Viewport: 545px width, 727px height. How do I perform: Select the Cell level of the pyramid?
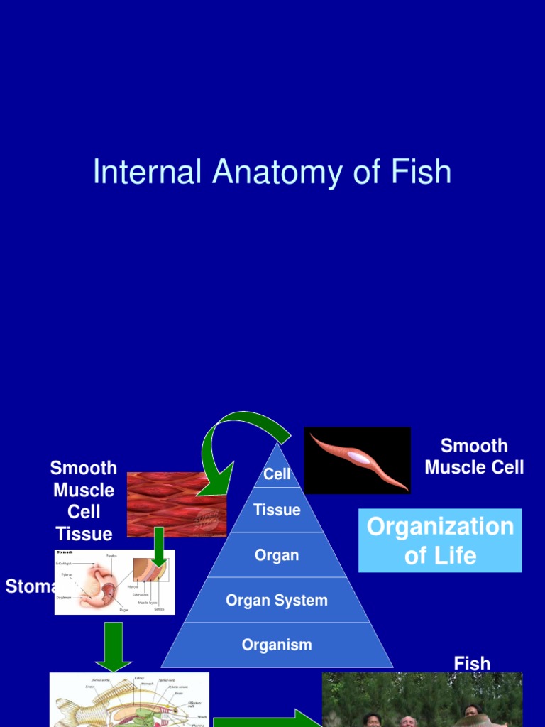(277, 474)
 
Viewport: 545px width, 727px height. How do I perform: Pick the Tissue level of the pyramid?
(277, 510)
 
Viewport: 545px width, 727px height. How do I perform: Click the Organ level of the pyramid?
(277, 554)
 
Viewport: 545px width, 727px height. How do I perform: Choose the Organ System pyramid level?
(277, 600)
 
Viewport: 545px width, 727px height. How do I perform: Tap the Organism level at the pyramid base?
(277, 645)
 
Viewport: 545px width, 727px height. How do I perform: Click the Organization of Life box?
(440, 540)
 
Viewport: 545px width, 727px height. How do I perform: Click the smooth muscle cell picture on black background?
(358, 460)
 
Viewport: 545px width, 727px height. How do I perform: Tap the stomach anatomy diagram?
(114, 582)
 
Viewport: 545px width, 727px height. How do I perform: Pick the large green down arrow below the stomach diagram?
(114, 646)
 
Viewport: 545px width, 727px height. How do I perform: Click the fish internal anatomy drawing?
(129, 700)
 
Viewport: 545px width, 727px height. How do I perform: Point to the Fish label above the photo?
(472, 664)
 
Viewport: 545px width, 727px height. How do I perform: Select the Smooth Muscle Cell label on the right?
(474, 456)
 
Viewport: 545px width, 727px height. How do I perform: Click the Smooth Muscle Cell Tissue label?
(84, 501)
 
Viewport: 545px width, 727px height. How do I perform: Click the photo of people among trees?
(422, 700)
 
